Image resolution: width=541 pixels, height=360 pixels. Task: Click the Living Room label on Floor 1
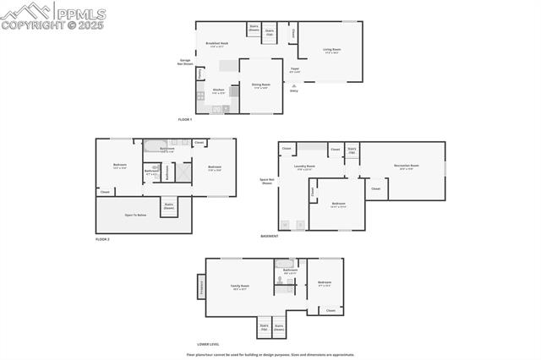pos(331,50)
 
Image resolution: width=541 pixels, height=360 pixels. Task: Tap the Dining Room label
pos(260,85)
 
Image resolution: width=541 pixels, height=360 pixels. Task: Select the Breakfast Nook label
pos(218,44)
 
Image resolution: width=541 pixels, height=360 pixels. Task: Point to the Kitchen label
pos(218,90)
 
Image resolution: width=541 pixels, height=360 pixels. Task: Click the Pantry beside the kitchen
pos(199,74)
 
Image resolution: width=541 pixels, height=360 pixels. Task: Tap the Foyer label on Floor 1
pos(294,69)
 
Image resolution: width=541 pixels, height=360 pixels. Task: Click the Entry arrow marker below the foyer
pos(294,87)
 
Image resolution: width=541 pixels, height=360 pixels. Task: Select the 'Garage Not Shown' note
pos(185,62)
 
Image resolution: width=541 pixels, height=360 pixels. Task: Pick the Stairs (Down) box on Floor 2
pos(169,205)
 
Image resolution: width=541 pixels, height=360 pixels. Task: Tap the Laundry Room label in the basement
pos(304,166)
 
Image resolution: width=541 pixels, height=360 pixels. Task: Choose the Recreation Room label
pos(405,166)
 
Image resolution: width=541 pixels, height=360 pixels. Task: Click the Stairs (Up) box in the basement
pos(352,150)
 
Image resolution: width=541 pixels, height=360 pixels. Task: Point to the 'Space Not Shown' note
pos(267,181)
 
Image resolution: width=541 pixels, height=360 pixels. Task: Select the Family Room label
pos(239,287)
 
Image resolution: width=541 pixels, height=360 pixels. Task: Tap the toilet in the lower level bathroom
pos(279,279)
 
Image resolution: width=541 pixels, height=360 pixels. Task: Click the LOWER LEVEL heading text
pos(208,344)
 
